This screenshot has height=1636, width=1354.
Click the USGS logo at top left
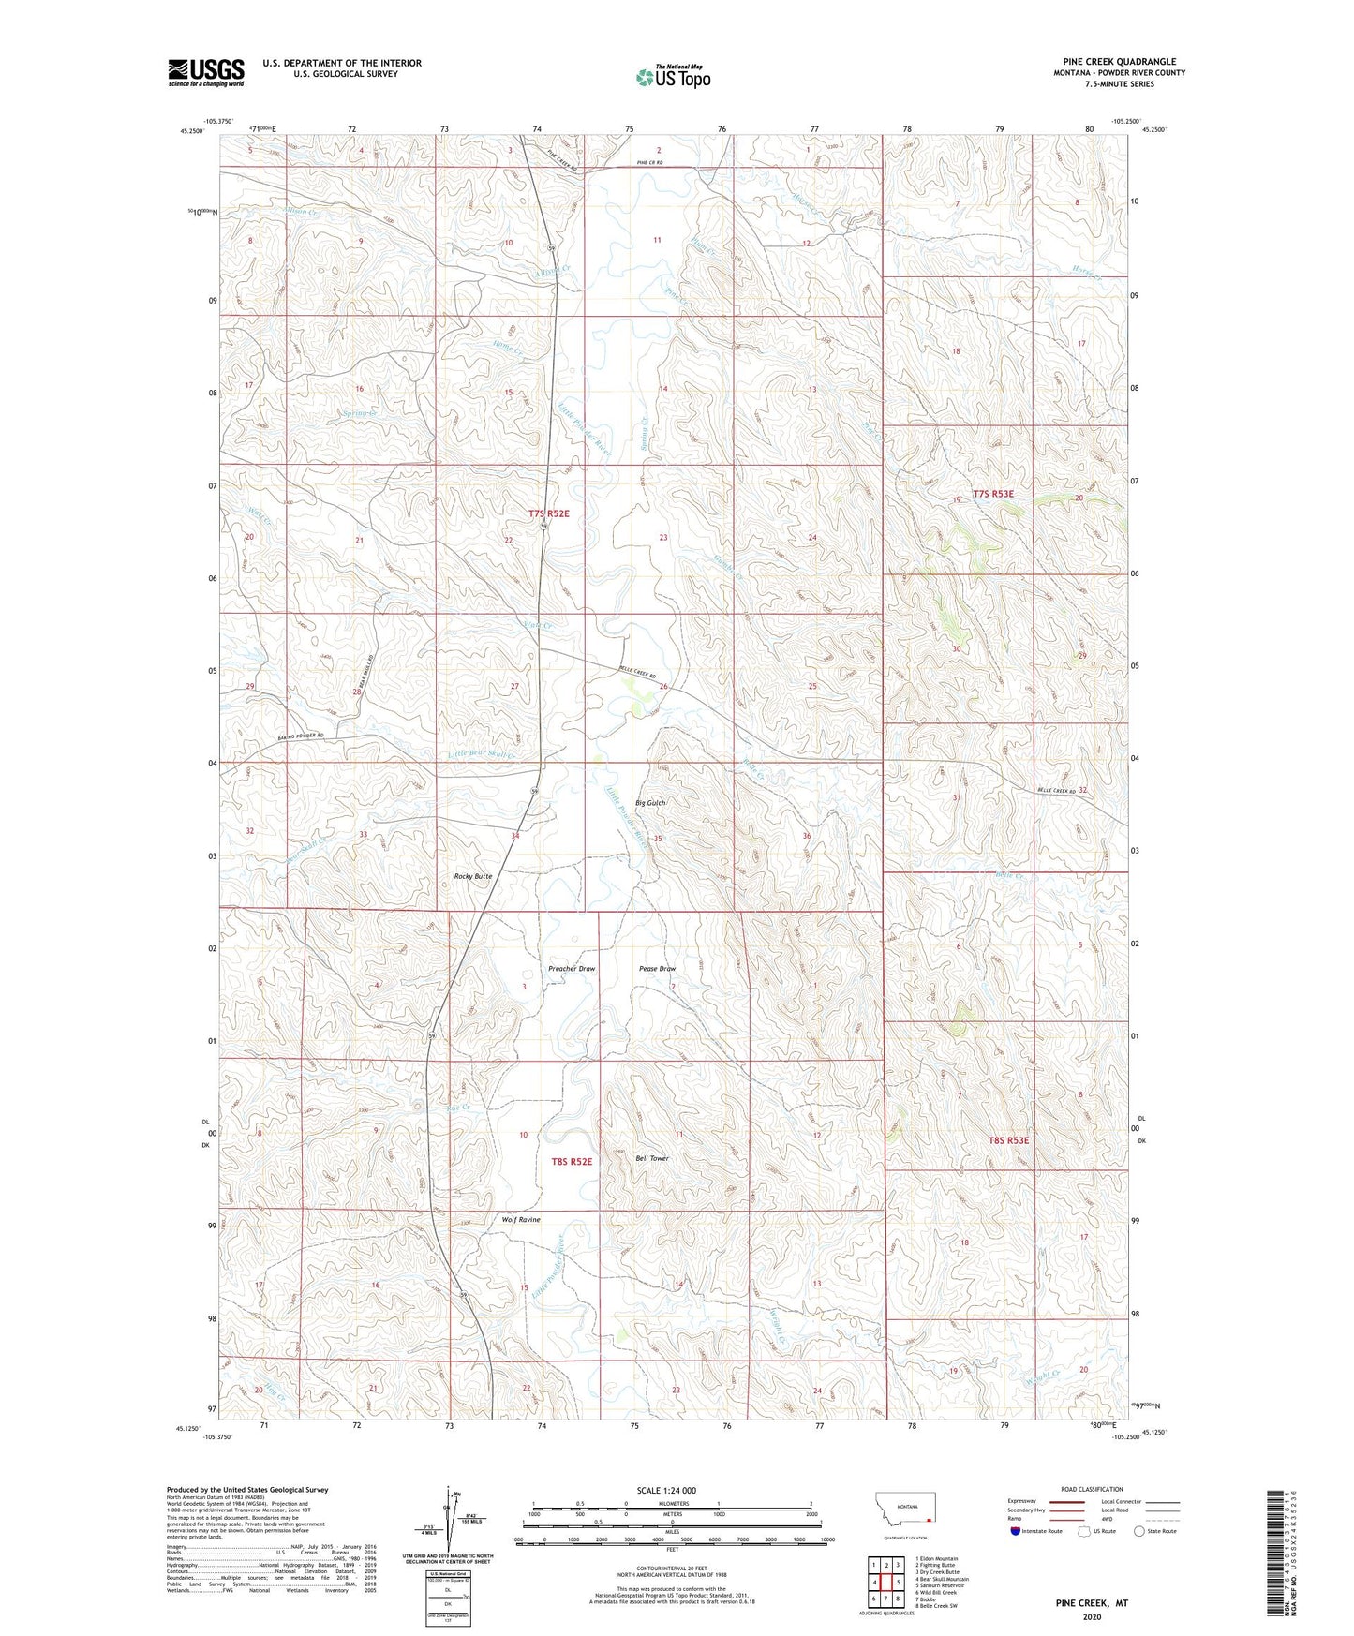205,72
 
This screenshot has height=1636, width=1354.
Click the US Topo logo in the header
672,77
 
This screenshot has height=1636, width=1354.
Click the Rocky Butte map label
472,876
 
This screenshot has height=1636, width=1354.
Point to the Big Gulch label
650,803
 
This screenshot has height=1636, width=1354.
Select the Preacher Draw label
572,969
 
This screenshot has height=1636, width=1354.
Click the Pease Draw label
657,969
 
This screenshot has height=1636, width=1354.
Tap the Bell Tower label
652,1158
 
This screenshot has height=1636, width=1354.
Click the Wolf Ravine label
521,1220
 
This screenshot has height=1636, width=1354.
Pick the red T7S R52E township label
549,513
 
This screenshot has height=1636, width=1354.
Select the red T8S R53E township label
1008,1140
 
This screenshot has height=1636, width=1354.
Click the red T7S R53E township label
993,493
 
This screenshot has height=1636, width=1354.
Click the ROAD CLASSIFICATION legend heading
1091,1489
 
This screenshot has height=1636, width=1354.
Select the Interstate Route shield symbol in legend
1017,1531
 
